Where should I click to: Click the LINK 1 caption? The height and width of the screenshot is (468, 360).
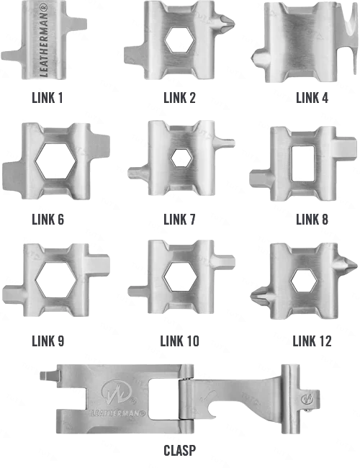[48, 98]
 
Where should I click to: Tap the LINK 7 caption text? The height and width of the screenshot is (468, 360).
[179, 220]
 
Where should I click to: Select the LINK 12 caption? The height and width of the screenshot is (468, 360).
[312, 341]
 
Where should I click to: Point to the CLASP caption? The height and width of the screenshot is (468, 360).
[180, 451]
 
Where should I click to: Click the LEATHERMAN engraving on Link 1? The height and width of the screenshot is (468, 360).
[44, 40]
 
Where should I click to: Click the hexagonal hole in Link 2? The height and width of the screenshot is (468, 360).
[180, 40]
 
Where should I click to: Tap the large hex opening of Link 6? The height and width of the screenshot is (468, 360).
[56, 161]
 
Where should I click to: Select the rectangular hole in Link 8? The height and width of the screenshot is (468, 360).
[302, 163]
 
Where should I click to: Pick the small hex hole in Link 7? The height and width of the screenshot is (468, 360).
[181, 158]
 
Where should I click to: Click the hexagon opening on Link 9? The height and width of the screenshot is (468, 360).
[56, 280]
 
